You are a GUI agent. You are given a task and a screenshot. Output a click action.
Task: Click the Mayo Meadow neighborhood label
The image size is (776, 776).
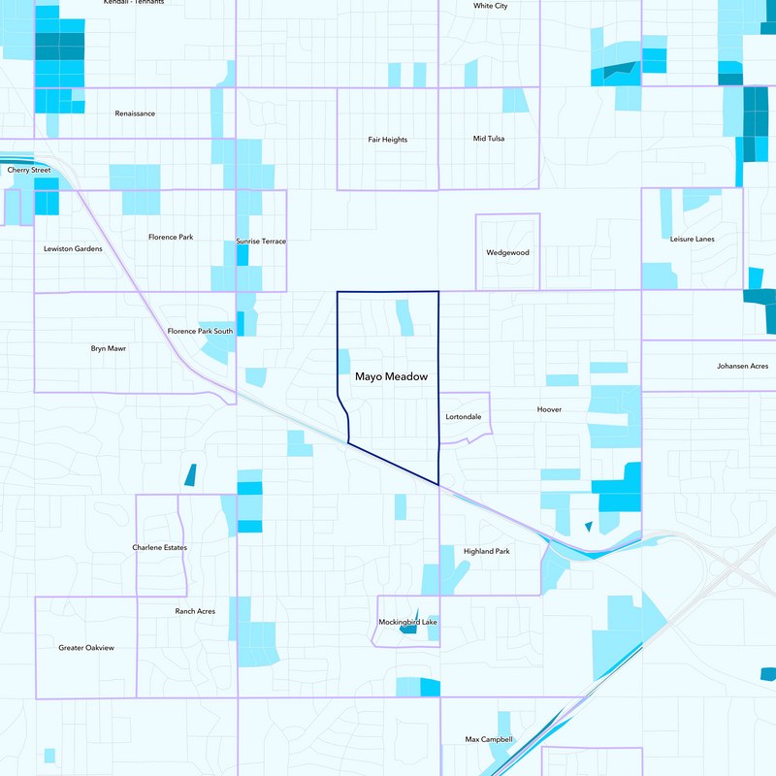[x=391, y=376]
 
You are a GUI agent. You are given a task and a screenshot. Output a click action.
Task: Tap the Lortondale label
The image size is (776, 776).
[x=463, y=416]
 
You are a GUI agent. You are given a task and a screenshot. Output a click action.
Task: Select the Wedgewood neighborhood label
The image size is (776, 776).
[x=507, y=253]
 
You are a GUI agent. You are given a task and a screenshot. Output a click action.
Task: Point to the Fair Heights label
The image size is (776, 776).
[x=387, y=140]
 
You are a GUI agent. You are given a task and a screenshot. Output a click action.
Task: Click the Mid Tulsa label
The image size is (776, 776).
[x=488, y=139]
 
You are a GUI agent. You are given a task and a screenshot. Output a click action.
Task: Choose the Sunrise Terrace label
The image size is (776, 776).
[x=261, y=242]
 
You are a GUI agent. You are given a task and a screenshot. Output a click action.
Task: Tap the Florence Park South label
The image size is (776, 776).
[x=200, y=332]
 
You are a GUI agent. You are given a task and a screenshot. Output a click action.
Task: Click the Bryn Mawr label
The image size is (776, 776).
[x=109, y=347]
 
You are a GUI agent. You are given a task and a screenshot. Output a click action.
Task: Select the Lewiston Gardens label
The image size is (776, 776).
[x=73, y=249]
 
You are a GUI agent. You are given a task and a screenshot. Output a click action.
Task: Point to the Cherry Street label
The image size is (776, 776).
[x=28, y=170]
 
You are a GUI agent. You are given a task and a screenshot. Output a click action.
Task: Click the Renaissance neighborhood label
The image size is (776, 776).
[x=135, y=113]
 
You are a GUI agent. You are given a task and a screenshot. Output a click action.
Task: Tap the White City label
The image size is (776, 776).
[x=490, y=6]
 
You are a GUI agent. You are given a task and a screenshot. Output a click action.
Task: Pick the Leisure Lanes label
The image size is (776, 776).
[x=692, y=239]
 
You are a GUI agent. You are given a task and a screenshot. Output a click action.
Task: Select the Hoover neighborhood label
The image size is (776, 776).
[x=549, y=409]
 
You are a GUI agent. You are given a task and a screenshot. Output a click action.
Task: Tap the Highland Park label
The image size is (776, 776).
[x=486, y=551]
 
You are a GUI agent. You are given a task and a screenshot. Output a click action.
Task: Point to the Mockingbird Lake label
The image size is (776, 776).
[x=406, y=622]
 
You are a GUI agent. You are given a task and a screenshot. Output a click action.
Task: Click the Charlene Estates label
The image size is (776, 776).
[x=159, y=548]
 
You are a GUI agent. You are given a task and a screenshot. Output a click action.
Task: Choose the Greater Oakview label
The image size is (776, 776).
[x=85, y=648]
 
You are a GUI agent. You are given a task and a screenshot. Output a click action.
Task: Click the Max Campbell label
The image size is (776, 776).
[x=489, y=739]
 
